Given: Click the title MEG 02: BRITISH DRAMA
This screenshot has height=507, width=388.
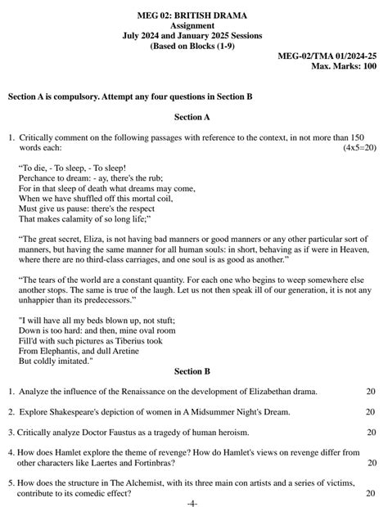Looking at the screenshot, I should [193, 16].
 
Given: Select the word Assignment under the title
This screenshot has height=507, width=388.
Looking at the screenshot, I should [193, 26].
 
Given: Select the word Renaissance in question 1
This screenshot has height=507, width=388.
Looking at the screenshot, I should [134, 392].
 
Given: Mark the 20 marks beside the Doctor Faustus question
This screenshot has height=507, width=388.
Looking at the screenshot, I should [370, 432].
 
